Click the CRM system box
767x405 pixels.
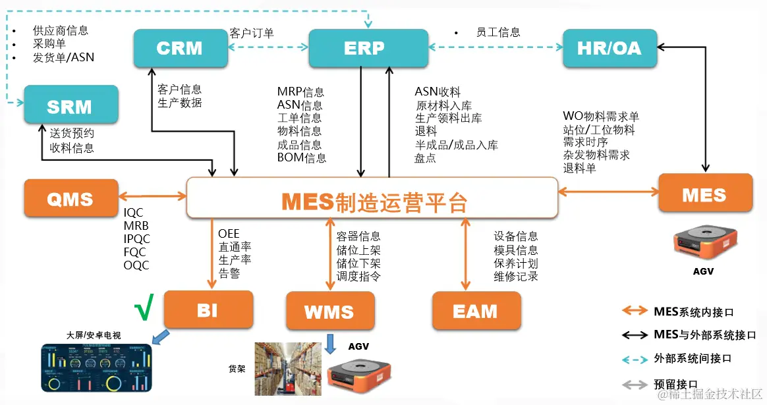[179, 48]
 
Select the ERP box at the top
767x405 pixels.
[364, 48]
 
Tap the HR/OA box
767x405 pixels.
[610, 48]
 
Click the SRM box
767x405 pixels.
[71, 106]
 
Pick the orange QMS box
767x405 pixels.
[71, 198]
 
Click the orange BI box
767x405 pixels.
[208, 310]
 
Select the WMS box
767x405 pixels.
[329, 311]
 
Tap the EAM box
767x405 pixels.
[476, 311]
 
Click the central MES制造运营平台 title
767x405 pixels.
[374, 202]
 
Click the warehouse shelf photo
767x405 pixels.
[288, 368]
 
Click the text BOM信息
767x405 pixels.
[301, 158]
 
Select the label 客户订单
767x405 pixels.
[252, 32]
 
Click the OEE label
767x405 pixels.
[229, 234]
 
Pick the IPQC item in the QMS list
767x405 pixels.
[136, 239]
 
